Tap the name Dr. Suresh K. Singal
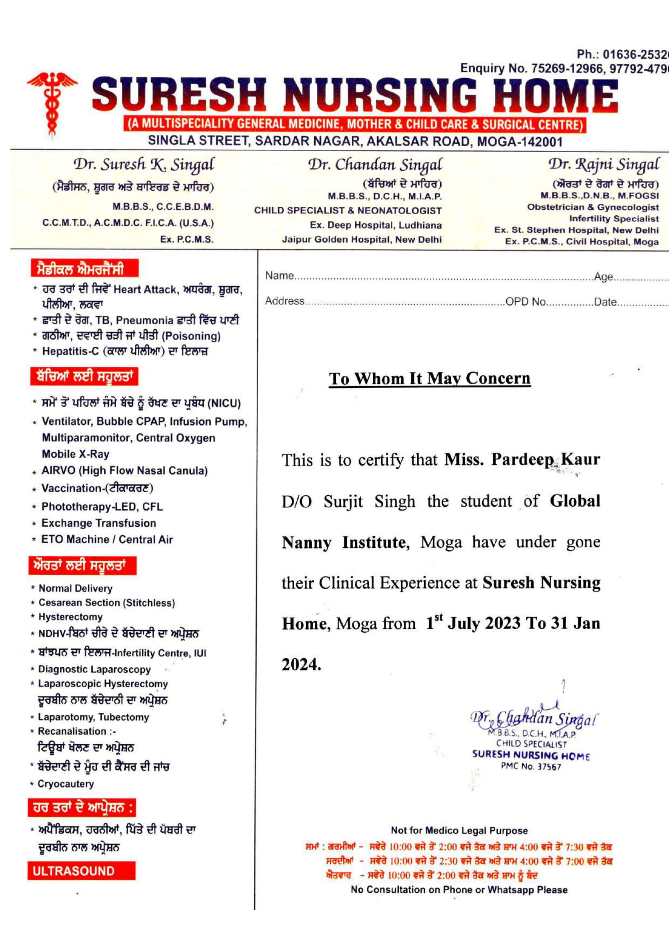pyautogui.click(x=144, y=164)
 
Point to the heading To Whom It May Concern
pyautogui.click(x=429, y=378)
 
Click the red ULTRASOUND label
pyautogui.click(x=74, y=871)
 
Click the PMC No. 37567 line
pyautogui.click(x=531, y=767)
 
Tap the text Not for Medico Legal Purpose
pyautogui.click(x=459, y=831)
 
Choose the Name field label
pyautogui.click(x=279, y=276)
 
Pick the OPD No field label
pyautogui.click(x=525, y=302)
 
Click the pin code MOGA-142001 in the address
pyautogui.click(x=519, y=142)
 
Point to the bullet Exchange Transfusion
pyautogui.click(x=98, y=523)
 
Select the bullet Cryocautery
pyautogui.click(x=66, y=784)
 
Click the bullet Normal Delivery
pyautogui.click(x=75, y=589)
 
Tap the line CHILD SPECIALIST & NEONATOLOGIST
pyautogui.click(x=348, y=211)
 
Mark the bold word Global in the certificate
pyautogui.click(x=575, y=501)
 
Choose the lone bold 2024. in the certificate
pyautogui.click(x=301, y=664)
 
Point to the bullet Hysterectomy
pyautogui.click(x=70, y=617)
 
